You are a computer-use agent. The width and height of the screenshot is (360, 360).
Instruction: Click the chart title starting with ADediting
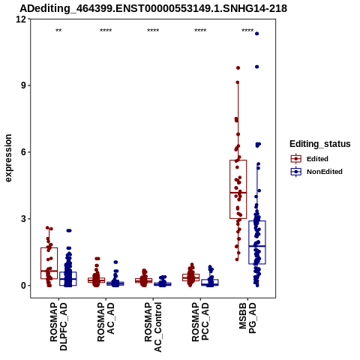(x=153, y=8)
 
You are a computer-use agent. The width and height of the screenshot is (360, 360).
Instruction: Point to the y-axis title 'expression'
(x=8, y=158)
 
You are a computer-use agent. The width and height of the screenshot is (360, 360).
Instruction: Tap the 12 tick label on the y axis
(x=21, y=19)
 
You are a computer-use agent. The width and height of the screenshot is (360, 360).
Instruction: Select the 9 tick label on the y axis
(x=23, y=85)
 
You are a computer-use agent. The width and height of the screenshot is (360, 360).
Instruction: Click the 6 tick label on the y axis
(x=23, y=152)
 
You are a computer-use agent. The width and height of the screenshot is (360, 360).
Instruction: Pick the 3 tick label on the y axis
(x=23, y=219)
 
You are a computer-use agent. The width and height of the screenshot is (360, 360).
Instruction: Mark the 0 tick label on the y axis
(x=23, y=285)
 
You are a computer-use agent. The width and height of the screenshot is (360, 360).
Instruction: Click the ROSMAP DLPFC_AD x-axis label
(x=58, y=326)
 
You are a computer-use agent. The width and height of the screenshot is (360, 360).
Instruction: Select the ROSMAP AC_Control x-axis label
(x=153, y=327)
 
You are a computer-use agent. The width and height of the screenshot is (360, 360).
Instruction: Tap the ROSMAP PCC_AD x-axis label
(x=200, y=322)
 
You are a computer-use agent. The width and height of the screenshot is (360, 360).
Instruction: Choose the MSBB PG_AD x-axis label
(x=247, y=318)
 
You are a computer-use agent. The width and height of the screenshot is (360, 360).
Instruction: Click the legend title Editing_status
(x=319, y=144)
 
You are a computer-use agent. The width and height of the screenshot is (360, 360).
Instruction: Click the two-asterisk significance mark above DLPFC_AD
(x=58, y=31)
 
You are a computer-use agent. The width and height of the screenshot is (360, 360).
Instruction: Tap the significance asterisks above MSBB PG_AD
(x=247, y=31)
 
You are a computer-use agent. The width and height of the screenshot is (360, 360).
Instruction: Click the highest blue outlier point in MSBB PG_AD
(x=256, y=34)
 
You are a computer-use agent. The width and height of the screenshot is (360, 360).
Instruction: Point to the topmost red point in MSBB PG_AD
(x=238, y=67)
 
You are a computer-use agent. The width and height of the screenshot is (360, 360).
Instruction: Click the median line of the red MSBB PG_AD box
(x=238, y=193)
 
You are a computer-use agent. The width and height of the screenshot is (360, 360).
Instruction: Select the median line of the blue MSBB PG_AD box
(x=257, y=246)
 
